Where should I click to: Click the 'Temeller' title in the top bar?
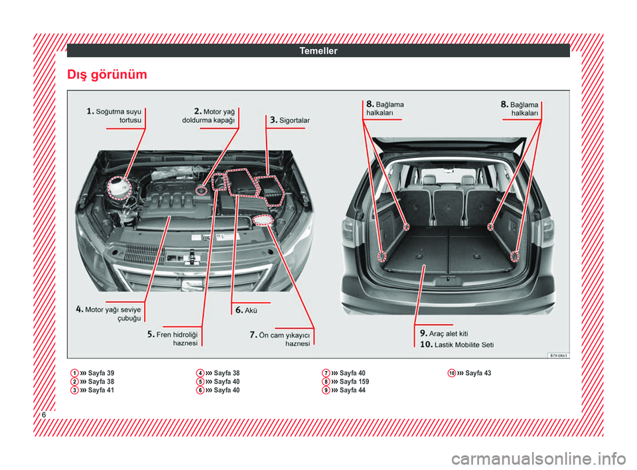(318, 50)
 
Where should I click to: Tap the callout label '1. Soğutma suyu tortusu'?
(114, 116)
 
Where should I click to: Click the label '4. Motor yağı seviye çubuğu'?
(109, 313)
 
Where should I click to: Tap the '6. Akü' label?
(246, 310)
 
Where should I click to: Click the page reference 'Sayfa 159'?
(354, 382)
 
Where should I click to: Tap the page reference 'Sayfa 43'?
(478, 373)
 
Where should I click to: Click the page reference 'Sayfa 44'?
(352, 390)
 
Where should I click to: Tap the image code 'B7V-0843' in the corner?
(557, 355)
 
